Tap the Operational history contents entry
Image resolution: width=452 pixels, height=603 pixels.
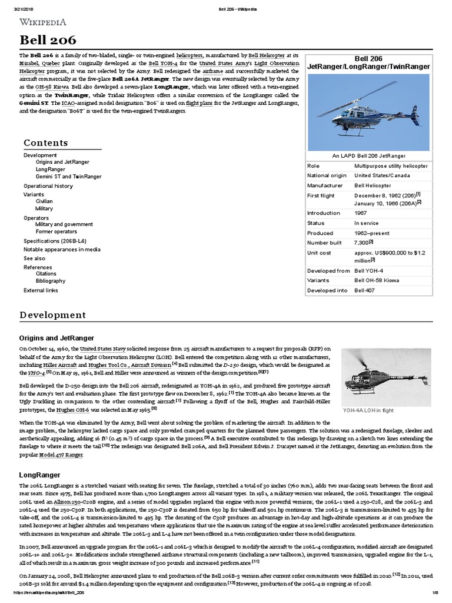pyautogui.click(x=48, y=185)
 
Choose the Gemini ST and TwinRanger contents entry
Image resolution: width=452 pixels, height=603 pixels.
pyautogui.click(x=68, y=177)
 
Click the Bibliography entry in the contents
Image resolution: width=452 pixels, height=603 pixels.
pyautogui.click(x=50, y=281)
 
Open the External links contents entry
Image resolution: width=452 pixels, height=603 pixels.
pyautogui.click(x=41, y=290)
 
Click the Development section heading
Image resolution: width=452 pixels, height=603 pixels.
pyautogui.click(x=52, y=315)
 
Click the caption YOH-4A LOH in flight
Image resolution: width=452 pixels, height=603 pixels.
pyautogui.click(x=368, y=410)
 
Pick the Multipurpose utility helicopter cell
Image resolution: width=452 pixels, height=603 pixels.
pyautogui.click(x=391, y=166)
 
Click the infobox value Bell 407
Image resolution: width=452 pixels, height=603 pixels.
pyautogui.click(x=367, y=290)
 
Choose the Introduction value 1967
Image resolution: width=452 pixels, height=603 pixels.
pyautogui.click(x=360, y=213)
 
